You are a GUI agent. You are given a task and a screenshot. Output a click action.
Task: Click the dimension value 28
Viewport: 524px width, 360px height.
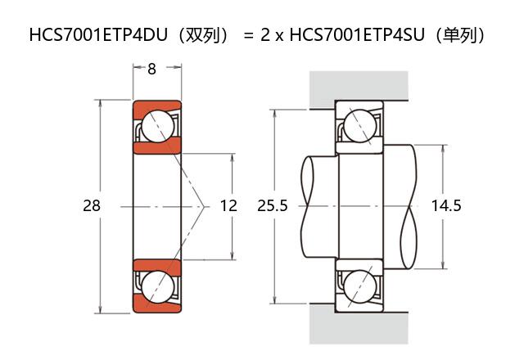click(91, 205)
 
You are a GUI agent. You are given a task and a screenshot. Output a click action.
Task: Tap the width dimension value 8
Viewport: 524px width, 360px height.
click(151, 70)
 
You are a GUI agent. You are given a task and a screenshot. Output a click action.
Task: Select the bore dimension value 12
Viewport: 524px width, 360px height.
click(228, 205)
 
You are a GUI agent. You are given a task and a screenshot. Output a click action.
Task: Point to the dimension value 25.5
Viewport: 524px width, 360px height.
click(272, 205)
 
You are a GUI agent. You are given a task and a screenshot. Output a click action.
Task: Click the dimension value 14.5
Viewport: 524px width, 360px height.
click(446, 205)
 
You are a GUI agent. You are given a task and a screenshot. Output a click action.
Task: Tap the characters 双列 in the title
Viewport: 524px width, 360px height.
click(201, 35)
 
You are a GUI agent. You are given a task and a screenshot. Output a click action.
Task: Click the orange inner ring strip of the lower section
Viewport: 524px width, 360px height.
click(156, 264)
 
